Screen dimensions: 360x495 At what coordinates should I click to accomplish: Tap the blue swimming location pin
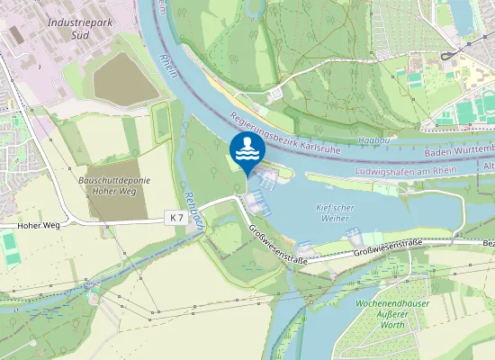pos(247,150)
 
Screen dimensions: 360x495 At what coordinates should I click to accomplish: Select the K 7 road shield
pos(177,219)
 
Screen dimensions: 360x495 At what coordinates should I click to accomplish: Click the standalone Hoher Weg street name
pos(38,224)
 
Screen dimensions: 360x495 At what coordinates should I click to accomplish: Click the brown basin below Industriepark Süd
pos(125,77)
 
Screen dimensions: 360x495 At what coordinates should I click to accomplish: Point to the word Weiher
pos(333,219)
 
